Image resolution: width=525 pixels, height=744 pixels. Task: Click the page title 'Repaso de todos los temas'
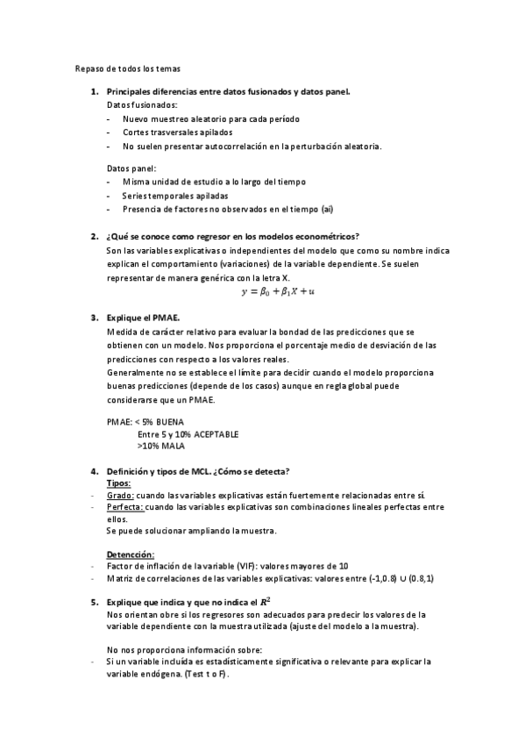pyautogui.click(x=128, y=68)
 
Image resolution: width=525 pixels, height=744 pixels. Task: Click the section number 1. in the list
pyautogui.click(x=95, y=92)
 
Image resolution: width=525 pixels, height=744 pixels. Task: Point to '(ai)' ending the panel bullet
pyautogui.click(x=326, y=209)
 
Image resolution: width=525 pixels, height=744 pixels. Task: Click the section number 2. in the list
pyautogui.click(x=95, y=236)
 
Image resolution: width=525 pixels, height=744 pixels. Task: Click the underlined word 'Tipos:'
pyautogui.click(x=118, y=483)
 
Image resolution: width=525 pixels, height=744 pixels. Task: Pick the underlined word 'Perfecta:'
pyautogui.click(x=124, y=507)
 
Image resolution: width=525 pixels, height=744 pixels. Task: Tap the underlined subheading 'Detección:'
pyautogui.click(x=130, y=554)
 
